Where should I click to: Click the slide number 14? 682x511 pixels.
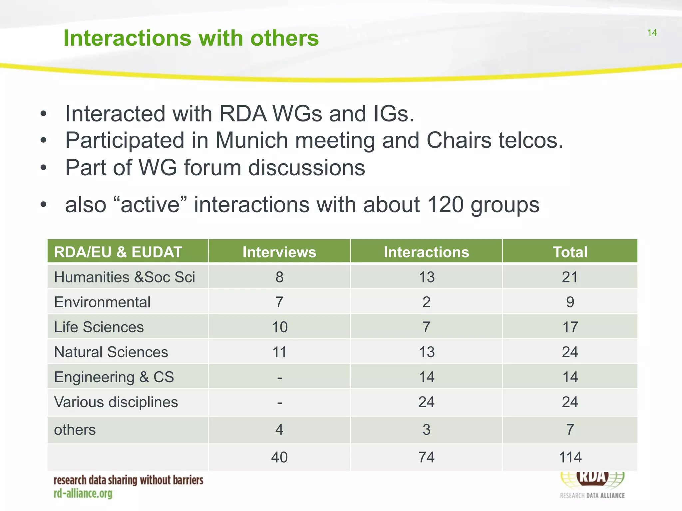click(x=652, y=33)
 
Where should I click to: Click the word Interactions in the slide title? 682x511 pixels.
click(x=128, y=38)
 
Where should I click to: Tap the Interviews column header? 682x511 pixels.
click(x=279, y=252)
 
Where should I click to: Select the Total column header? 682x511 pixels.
click(x=570, y=252)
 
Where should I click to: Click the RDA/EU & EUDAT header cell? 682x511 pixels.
click(x=118, y=252)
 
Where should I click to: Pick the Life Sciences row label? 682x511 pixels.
click(x=99, y=327)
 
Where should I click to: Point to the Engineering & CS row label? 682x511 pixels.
click(x=114, y=377)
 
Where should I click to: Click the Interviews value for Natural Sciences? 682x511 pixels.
click(x=279, y=352)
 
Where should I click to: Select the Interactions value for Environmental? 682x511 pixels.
click(x=426, y=302)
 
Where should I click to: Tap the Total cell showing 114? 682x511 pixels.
click(x=570, y=457)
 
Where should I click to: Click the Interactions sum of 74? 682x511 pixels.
click(x=426, y=457)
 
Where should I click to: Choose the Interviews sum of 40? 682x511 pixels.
click(x=279, y=457)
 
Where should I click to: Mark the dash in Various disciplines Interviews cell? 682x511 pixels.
click(x=279, y=403)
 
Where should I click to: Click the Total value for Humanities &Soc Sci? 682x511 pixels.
click(x=570, y=277)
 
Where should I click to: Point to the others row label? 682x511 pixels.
click(x=75, y=429)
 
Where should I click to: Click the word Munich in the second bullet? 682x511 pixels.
click(x=251, y=140)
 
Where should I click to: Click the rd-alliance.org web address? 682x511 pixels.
click(x=83, y=493)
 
